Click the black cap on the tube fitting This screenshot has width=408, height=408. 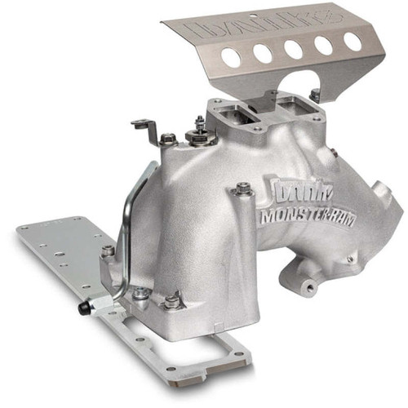(85, 308)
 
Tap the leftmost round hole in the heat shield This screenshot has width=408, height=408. (231, 58)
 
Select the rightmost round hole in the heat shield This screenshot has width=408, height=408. (353, 41)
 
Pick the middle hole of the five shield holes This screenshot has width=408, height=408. (293, 49)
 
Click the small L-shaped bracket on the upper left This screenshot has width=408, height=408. (144, 127)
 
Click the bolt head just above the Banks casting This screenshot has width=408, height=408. (242, 189)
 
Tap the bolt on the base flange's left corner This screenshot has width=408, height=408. (108, 251)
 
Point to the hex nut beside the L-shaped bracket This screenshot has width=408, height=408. (168, 139)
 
